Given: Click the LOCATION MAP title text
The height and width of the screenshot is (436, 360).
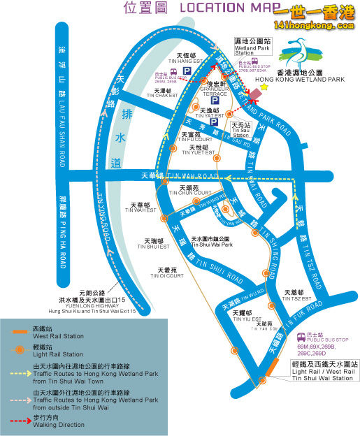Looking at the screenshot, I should point(216,8).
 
